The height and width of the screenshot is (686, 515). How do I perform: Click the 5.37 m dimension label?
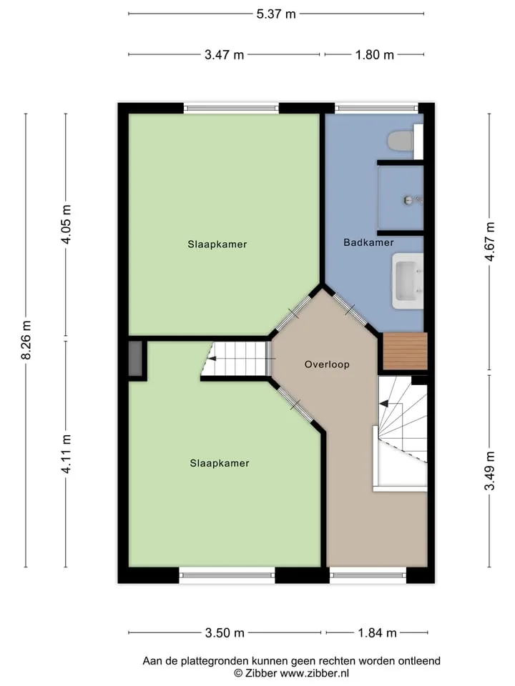[276, 14]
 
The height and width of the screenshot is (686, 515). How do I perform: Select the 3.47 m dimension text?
[224, 55]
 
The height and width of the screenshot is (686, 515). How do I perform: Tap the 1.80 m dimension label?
[374, 55]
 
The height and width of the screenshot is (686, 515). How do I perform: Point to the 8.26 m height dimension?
[26, 340]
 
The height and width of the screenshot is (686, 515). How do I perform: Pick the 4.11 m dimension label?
[67, 454]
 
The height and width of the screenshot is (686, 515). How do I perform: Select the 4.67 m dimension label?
[490, 242]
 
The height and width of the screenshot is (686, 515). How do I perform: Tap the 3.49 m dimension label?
[490, 471]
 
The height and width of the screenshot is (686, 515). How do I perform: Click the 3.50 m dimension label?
[225, 633]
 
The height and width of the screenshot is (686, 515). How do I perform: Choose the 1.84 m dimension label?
[377, 633]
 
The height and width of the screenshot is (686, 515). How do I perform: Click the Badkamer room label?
[369, 242]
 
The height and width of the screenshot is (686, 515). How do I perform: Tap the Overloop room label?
[327, 364]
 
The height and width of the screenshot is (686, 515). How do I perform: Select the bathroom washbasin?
[408, 280]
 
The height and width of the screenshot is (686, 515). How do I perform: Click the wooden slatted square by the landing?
[405, 351]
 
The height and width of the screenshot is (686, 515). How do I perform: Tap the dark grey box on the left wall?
[135, 358]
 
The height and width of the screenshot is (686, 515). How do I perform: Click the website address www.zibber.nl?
[315, 673]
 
